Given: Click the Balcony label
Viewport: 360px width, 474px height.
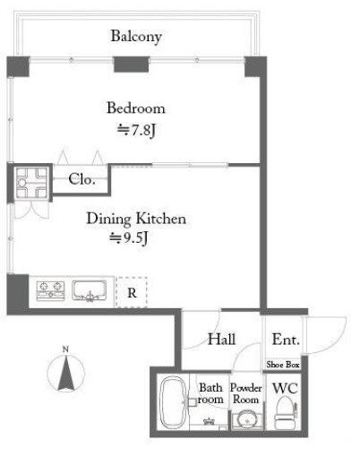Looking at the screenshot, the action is [x=136, y=37].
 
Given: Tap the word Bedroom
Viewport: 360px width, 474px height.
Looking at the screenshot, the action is [x=136, y=108].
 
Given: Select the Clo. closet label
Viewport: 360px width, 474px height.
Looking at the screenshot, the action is [x=81, y=179].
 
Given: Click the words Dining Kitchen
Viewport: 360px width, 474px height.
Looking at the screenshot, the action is [x=136, y=219].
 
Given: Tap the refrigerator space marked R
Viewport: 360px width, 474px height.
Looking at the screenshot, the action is [x=132, y=292].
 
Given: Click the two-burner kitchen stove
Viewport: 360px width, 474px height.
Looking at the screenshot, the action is [x=51, y=291].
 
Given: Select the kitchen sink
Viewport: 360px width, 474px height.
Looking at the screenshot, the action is [x=89, y=291].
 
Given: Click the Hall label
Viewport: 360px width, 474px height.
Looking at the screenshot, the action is [x=222, y=340].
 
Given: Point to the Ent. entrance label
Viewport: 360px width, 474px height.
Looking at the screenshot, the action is [x=286, y=340].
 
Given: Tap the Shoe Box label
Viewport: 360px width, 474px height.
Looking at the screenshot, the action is [x=283, y=365].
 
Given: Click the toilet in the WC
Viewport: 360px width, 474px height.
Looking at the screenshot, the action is [x=286, y=413].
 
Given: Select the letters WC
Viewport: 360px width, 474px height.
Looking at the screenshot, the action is [x=285, y=389].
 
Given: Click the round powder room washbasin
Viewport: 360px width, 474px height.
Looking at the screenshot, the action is [x=247, y=420].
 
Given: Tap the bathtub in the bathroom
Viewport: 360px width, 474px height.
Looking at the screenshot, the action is [x=172, y=402].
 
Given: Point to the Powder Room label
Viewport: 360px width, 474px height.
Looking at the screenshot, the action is [x=246, y=393].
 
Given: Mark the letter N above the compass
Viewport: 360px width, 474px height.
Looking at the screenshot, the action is [x=65, y=349].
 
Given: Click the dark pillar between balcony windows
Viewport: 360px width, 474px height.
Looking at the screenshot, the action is [x=132, y=65].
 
